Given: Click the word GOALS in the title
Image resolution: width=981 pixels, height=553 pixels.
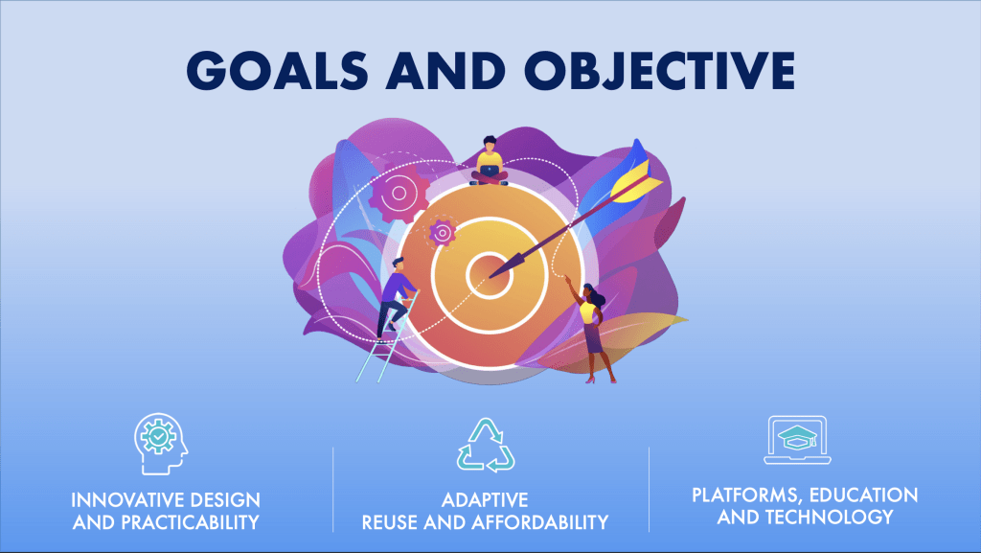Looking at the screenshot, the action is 277,70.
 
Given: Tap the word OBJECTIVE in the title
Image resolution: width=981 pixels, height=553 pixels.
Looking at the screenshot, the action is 659,70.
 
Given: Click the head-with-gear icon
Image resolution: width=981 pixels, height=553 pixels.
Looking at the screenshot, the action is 161,444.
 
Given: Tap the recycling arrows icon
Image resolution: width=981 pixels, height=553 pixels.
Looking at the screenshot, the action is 486,445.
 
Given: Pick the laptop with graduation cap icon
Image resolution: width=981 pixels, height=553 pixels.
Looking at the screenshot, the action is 798,440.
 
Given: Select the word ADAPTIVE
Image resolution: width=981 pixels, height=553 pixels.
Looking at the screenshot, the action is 485,500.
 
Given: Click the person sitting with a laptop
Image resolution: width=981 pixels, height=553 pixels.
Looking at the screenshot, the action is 490,161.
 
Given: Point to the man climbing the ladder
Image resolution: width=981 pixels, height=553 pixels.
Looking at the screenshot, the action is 396,298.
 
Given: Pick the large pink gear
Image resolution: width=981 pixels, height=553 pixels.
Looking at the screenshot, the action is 399,193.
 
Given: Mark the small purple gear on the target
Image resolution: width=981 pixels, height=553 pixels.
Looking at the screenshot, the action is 443,233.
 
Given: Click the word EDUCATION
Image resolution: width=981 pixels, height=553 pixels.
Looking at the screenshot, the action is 864,495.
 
